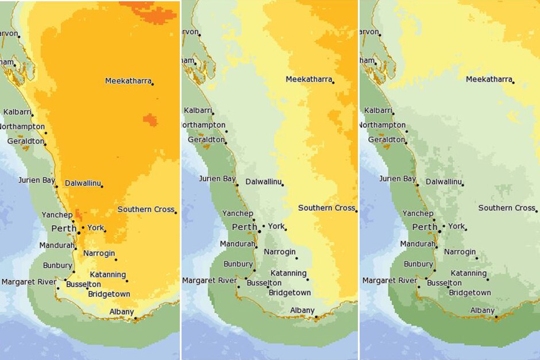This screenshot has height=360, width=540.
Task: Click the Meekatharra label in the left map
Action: pos(128,81)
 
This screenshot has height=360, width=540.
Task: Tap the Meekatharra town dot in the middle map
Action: pos(333,83)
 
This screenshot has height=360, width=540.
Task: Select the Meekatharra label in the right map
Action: pos(489,79)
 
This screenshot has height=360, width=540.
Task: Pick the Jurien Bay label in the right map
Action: pos(398,179)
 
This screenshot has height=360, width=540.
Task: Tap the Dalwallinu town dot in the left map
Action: pos(102,186)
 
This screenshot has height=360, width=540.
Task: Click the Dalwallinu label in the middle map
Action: pos(264,182)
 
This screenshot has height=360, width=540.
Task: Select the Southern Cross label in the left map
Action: pos(146,210)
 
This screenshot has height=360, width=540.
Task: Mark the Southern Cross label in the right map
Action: pos(507,208)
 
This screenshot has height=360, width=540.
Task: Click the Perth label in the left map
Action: pos(64,229)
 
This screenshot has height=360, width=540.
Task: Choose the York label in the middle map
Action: pos(276,226)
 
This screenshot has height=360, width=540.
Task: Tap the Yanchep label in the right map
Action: pos(418,214)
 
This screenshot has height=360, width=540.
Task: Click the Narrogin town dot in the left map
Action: pos(116,260)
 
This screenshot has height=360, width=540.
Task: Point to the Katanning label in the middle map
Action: pos(288,273)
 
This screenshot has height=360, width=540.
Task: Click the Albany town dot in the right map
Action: pos(496,317)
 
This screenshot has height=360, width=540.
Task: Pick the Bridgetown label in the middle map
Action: pos(290,293)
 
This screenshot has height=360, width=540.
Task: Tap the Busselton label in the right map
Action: pos(445,283)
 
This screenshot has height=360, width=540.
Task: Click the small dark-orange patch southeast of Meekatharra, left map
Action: pos(149,119)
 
